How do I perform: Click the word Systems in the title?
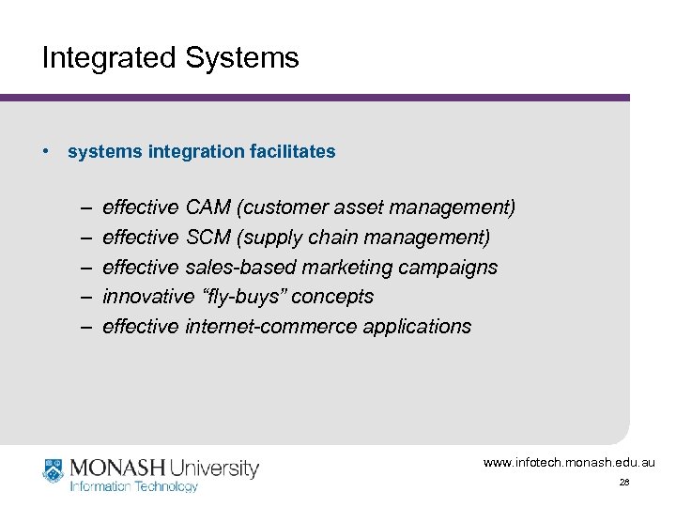[x=243, y=58]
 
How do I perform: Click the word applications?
[x=420, y=327]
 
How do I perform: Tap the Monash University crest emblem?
[x=54, y=471]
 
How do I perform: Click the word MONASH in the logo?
[x=115, y=467]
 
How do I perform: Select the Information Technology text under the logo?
[x=134, y=486]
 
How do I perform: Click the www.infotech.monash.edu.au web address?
[x=569, y=462]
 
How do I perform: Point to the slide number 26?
[x=623, y=482]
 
